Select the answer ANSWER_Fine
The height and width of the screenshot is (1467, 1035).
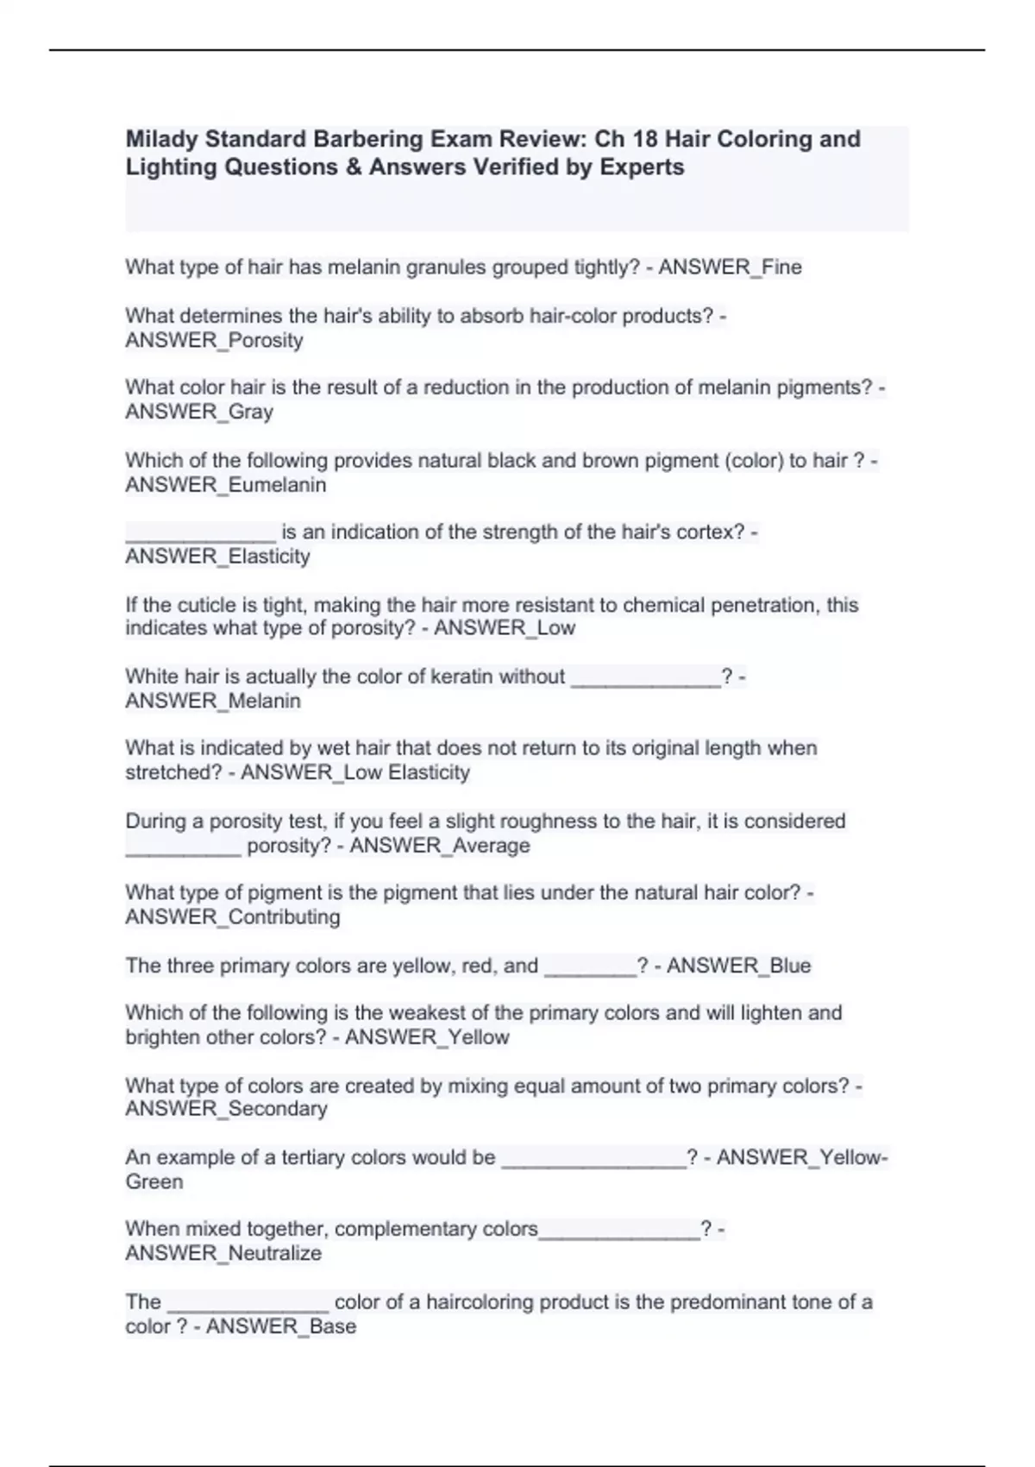pos(730,268)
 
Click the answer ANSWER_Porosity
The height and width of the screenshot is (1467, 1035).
pos(214,341)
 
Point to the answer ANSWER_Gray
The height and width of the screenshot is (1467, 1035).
pos(199,412)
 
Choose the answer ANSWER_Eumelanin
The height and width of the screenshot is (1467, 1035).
pos(226,485)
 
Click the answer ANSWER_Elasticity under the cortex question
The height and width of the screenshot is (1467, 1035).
pos(217,557)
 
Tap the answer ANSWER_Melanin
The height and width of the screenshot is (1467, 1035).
pos(213,702)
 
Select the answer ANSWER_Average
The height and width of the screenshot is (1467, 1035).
pos(440,846)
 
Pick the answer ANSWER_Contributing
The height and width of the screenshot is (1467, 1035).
pos(233,917)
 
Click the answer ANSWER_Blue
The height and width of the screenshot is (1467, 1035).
pos(738,966)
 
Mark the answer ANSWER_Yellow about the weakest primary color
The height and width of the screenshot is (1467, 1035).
pos(427,1037)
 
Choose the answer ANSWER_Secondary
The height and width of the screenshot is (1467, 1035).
pos(226,1109)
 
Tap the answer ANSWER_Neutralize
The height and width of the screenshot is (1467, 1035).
pos(223,1254)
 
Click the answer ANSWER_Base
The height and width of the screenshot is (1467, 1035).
pos(281,1326)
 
